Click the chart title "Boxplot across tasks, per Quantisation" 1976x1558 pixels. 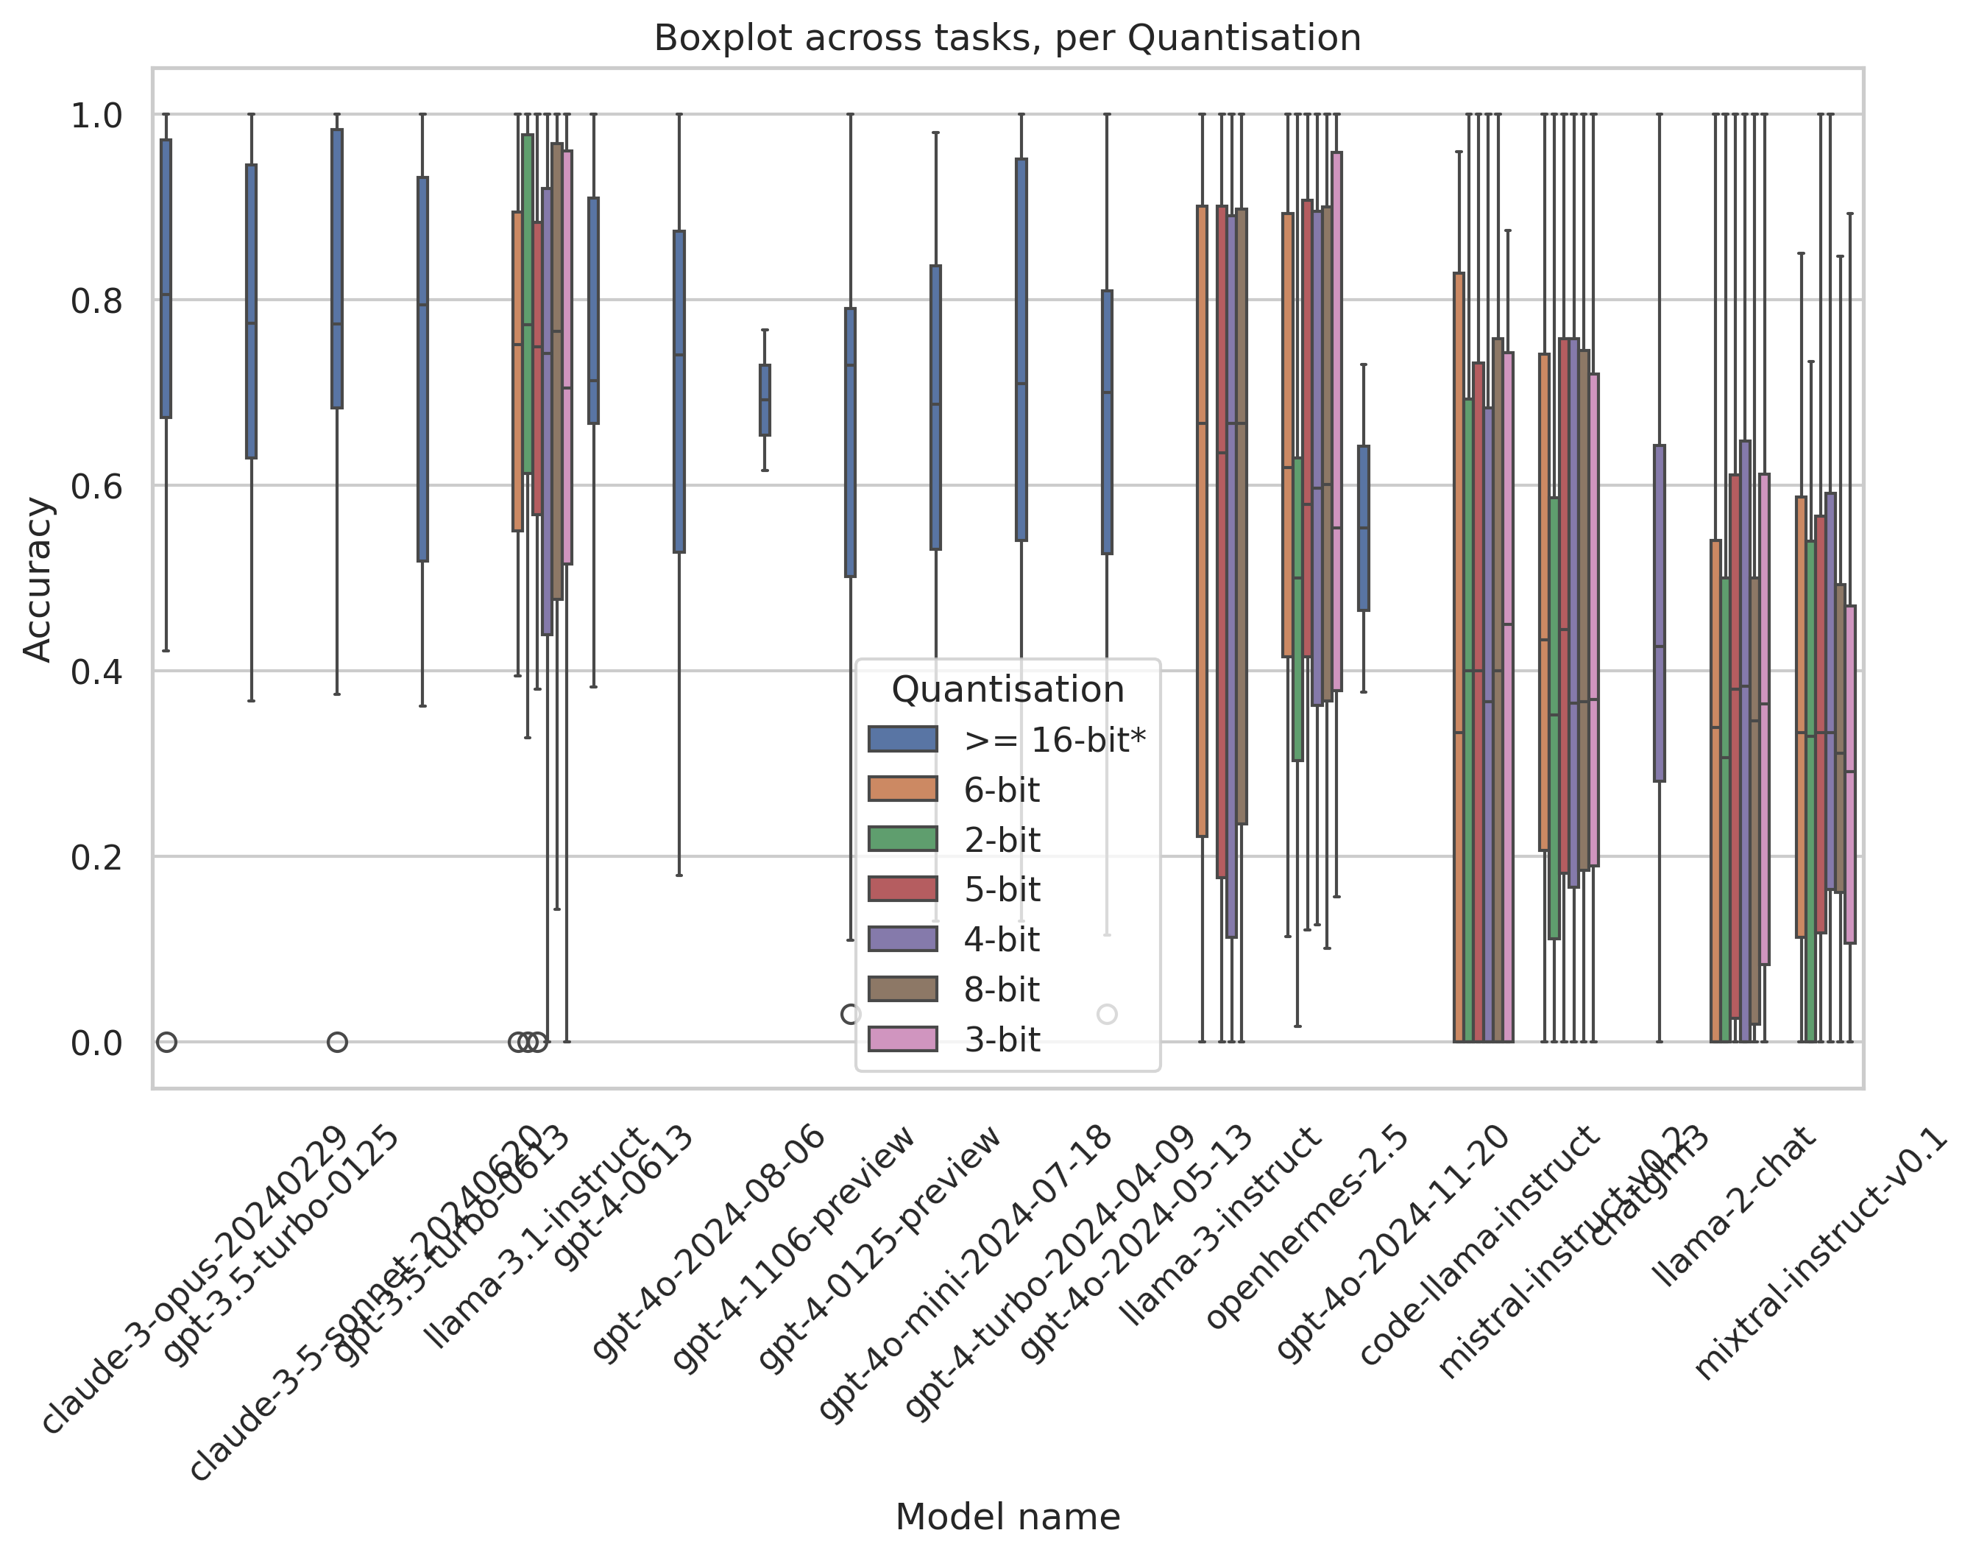pos(1007,38)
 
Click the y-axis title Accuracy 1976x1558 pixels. pos(38,579)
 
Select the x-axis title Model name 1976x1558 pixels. pos(1007,1517)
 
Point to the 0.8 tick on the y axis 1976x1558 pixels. pos(96,300)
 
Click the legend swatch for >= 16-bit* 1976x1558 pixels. pos(902,739)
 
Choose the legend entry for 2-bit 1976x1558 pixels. pos(1001,840)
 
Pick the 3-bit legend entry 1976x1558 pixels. pos(1001,1040)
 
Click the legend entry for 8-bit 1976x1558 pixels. pos(1001,990)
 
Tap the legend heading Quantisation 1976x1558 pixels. pos(1007,690)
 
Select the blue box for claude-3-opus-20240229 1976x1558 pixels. pos(166,278)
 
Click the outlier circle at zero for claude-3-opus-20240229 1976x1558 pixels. pos(166,1042)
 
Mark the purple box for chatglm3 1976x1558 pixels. pos(1659,613)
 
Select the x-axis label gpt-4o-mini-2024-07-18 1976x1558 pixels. pos(964,1273)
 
